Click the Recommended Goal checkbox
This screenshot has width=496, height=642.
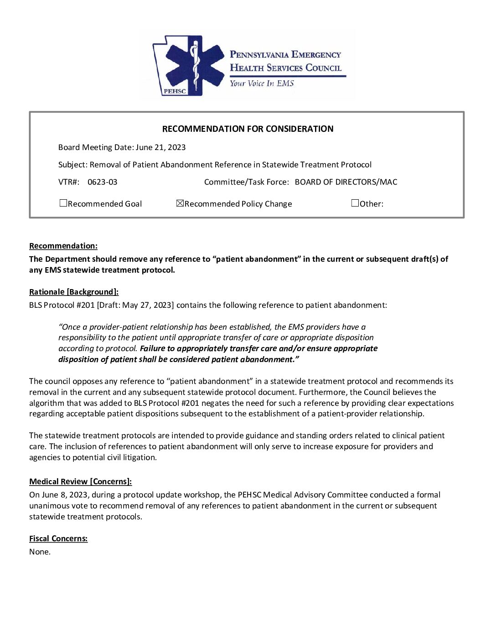63,203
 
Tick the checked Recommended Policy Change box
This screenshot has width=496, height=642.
180,203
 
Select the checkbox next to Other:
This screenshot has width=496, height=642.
355,203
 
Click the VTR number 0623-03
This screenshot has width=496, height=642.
102,182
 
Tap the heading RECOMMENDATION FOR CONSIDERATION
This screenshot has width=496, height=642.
248,129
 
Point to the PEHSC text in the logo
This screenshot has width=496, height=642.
175,91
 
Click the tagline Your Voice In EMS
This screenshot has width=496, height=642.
262,83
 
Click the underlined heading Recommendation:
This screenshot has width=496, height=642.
63,246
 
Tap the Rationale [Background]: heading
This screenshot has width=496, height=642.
74,292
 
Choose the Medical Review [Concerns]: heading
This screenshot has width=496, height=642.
80,481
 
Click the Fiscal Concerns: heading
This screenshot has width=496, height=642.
58,538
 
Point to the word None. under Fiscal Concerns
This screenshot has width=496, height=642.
40,552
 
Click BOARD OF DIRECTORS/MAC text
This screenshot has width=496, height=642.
346,182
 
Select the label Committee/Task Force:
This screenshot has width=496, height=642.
246,182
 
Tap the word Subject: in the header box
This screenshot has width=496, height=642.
72,165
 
